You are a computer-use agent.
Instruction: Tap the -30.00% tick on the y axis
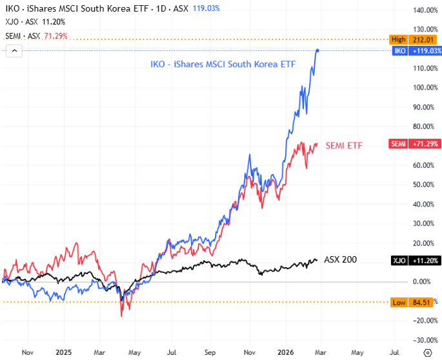427,340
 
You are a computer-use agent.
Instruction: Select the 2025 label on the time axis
63,353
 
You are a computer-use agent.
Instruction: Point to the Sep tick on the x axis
209,353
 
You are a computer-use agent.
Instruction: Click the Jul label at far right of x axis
394,353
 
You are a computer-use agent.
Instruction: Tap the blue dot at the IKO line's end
317,50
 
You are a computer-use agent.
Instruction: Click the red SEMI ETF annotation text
344,146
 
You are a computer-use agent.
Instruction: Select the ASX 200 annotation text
340,259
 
